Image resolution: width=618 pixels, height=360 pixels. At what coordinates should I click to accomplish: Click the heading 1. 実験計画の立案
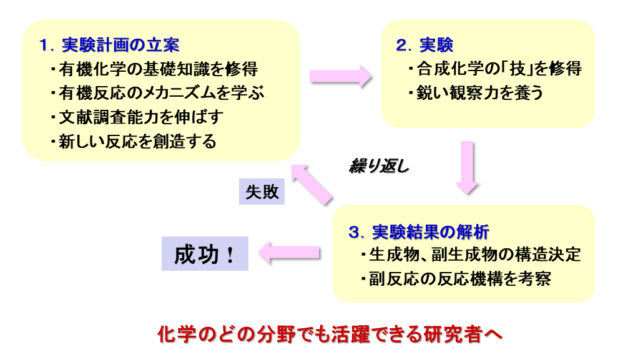click(109, 46)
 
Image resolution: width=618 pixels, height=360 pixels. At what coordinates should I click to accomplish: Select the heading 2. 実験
click(424, 46)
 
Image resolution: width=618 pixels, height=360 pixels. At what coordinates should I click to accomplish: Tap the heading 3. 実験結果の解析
click(419, 232)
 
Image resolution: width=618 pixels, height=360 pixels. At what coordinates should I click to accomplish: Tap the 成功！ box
click(205, 253)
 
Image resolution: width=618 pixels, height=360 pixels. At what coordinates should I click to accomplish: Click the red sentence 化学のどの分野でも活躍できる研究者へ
click(330, 334)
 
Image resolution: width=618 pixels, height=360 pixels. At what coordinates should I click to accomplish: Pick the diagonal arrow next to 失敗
click(311, 185)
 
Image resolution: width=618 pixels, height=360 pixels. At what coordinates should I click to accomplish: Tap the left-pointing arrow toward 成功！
click(290, 253)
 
